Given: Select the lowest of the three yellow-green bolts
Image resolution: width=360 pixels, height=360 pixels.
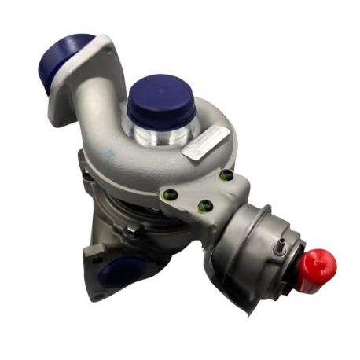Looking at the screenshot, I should click(206, 208).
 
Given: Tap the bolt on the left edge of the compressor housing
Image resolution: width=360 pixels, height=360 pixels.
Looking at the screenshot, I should click(83, 165).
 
